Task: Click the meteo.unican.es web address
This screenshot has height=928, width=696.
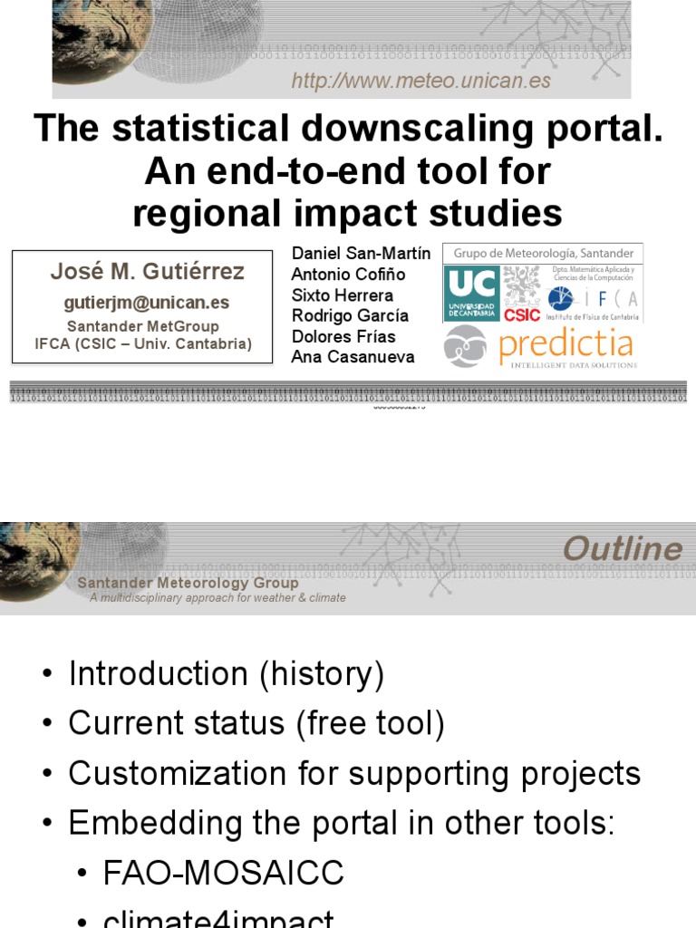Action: pyautogui.click(x=420, y=82)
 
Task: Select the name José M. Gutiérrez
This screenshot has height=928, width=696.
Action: pyautogui.click(x=147, y=272)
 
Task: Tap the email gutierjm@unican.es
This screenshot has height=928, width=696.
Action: pyautogui.click(x=146, y=303)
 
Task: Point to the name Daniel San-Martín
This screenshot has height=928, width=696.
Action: pyautogui.click(x=361, y=254)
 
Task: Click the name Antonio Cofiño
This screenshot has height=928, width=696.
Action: pyautogui.click(x=348, y=275)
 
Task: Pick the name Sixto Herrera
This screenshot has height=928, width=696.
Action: pyautogui.click(x=342, y=295)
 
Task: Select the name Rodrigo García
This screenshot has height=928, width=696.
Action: pyautogui.click(x=349, y=315)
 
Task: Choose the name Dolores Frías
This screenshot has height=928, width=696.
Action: pyautogui.click(x=343, y=336)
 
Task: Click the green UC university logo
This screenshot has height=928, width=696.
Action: pyautogui.click(x=471, y=292)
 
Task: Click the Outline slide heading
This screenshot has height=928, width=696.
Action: pyautogui.click(x=622, y=548)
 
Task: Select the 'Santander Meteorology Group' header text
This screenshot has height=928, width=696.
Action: pyautogui.click(x=188, y=583)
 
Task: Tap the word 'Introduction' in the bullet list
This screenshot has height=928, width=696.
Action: pyautogui.click(x=158, y=674)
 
